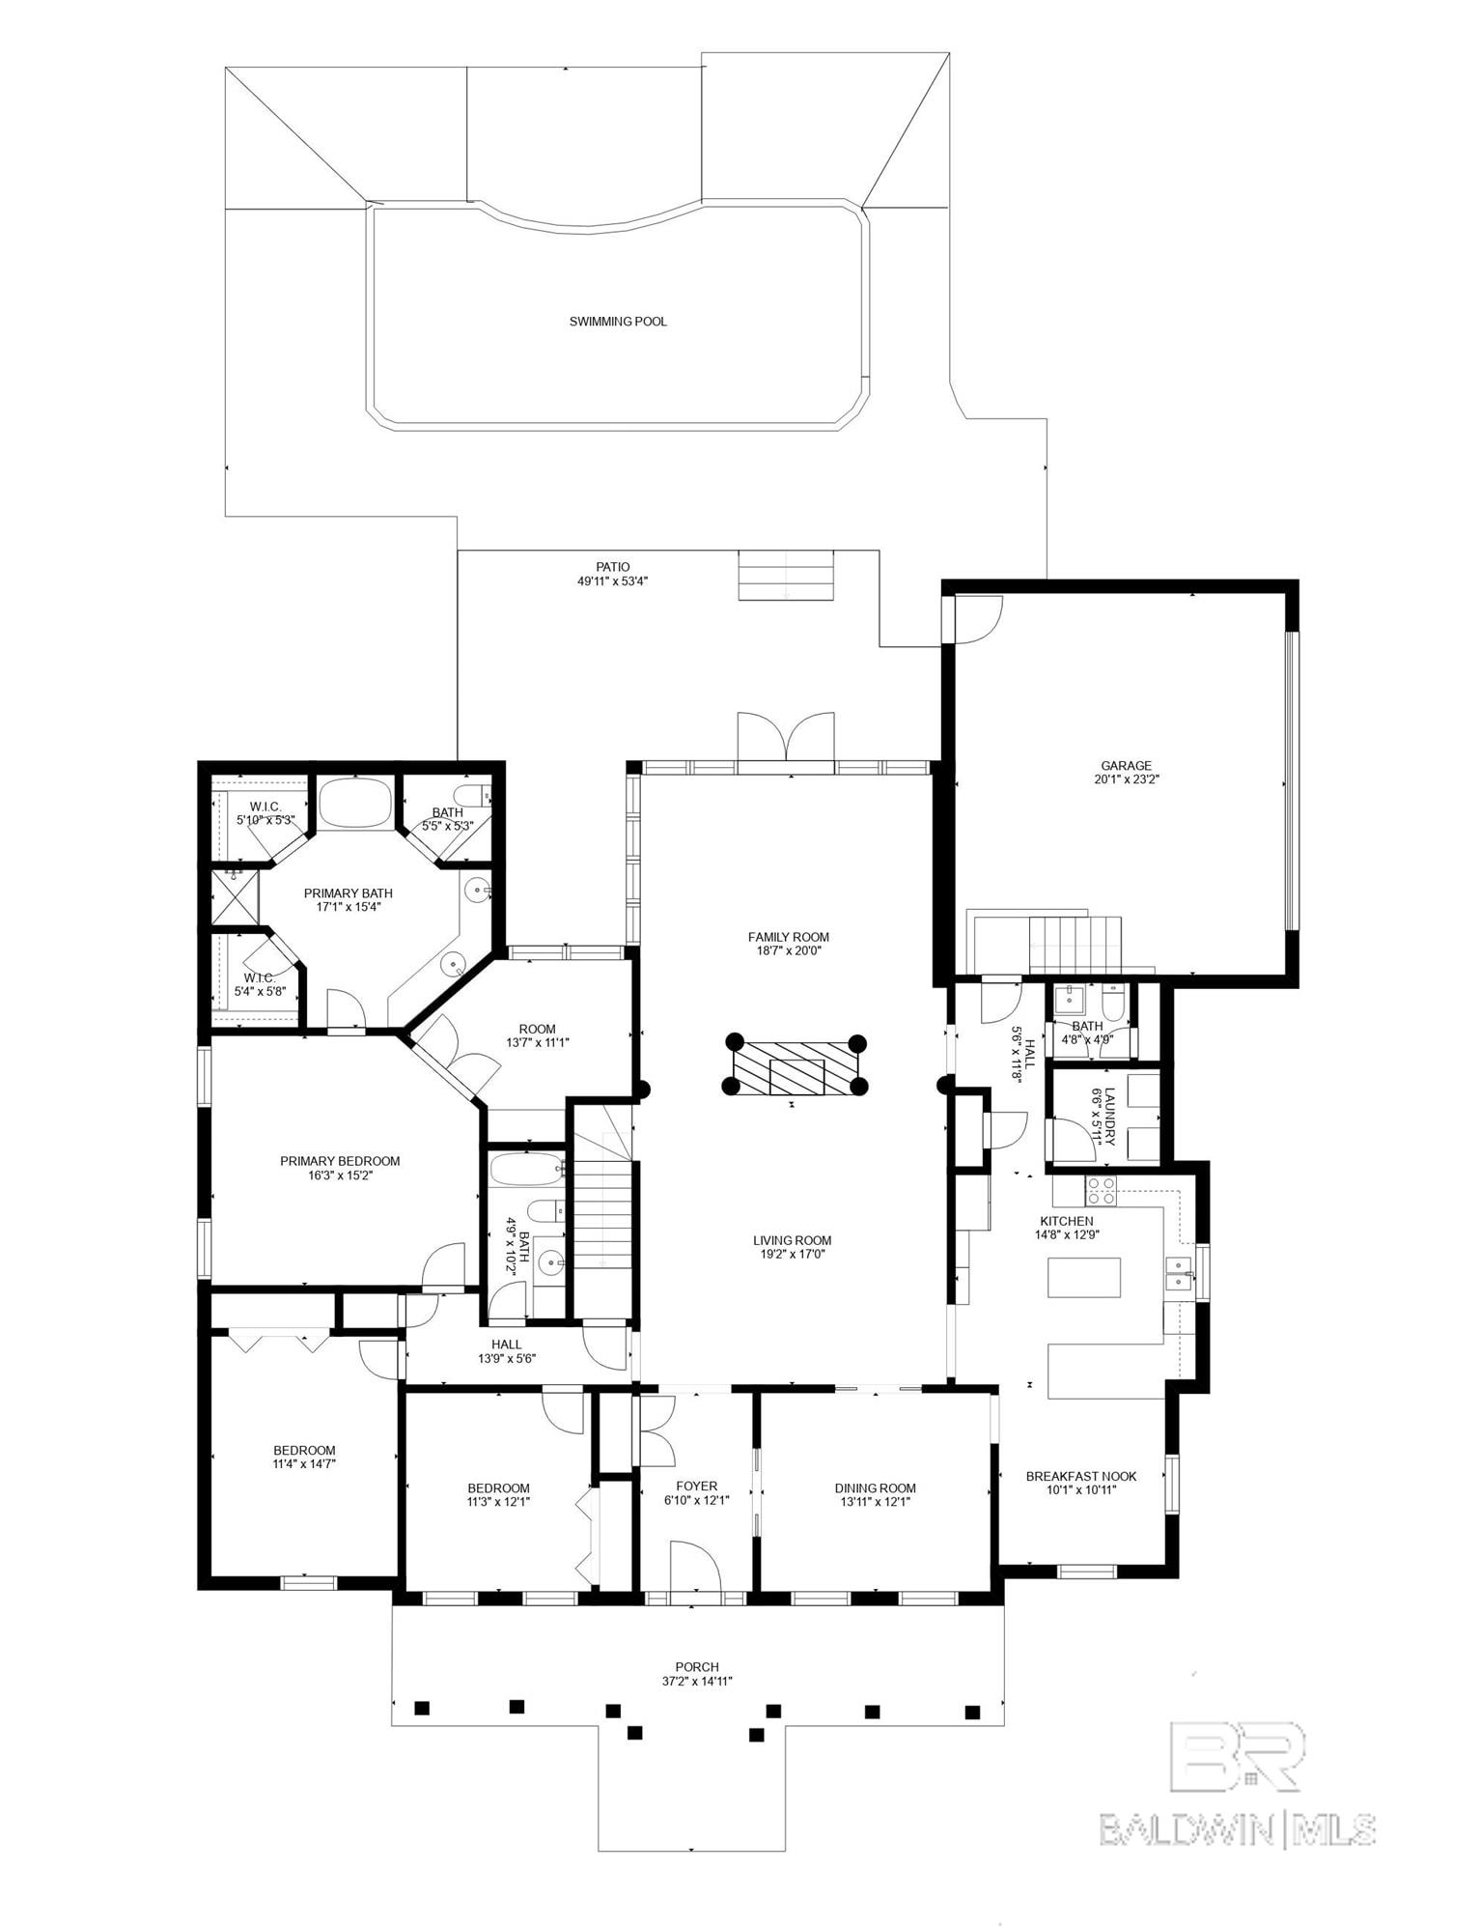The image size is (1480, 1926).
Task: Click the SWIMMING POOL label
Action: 618,322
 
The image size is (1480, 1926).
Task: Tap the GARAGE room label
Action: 1126,766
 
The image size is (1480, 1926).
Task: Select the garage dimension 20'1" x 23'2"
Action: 1126,779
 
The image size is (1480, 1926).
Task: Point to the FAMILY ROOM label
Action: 789,937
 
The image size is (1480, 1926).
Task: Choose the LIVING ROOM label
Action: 793,1240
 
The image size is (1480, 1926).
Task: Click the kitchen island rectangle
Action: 1084,1277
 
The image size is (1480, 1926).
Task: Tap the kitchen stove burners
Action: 1101,1190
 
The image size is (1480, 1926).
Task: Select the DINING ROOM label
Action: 876,1488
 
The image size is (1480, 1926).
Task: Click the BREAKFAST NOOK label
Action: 1081,1476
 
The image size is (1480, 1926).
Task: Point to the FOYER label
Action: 697,1487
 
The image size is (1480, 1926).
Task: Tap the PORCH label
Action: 697,1667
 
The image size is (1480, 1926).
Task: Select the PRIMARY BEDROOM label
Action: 340,1161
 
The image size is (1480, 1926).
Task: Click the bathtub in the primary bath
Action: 355,802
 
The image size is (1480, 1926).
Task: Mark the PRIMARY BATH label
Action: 349,893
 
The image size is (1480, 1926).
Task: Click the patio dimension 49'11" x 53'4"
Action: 613,581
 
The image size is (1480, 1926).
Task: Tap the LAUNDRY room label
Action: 1110,1117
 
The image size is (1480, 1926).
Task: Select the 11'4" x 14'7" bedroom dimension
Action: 304,1464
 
